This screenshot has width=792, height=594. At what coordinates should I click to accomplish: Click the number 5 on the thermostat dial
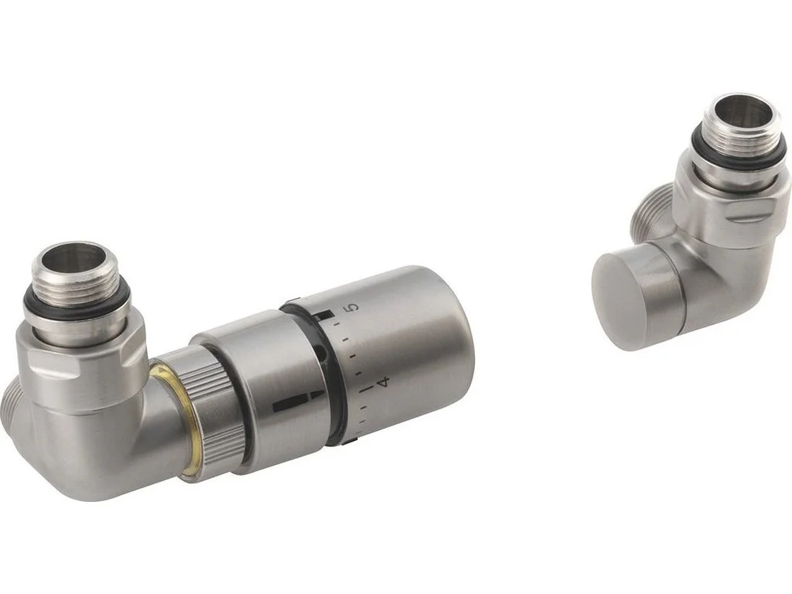click(354, 307)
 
